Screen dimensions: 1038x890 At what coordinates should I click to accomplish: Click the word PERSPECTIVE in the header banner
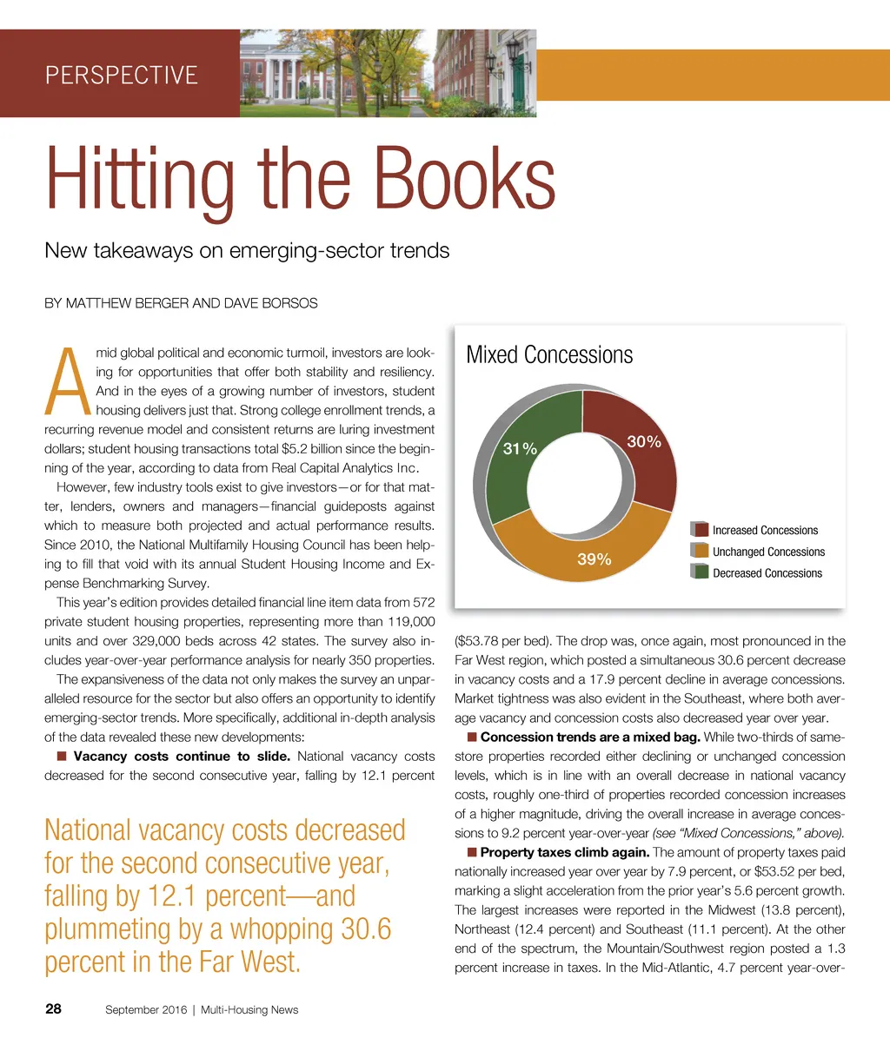122,75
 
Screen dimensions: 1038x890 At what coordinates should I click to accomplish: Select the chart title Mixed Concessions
549,355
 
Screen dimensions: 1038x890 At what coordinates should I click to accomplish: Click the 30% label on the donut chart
644,442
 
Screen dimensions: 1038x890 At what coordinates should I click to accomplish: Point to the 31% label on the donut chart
521,448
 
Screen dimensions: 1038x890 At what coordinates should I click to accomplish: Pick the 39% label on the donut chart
594,559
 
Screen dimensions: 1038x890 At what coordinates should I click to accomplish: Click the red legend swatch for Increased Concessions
700,529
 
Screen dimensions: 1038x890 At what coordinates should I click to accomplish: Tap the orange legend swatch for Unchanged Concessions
700,551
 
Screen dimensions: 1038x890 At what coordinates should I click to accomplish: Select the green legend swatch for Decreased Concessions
700,572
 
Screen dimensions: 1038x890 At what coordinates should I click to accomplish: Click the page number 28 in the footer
53,1008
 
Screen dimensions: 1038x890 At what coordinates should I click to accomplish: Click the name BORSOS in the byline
289,303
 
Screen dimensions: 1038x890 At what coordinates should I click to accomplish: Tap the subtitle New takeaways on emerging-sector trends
247,252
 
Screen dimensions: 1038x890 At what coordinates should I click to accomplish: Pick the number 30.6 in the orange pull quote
364,929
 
